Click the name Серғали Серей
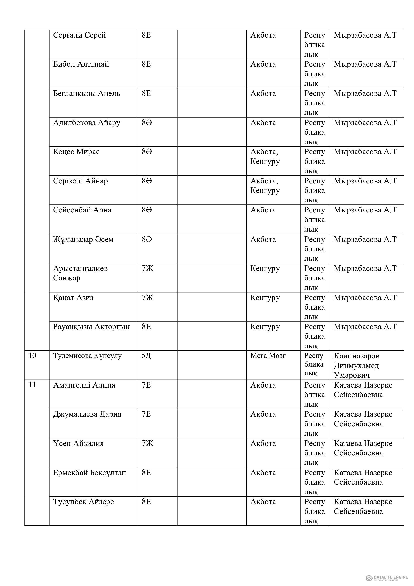[x=79, y=35]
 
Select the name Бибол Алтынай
[x=81, y=64]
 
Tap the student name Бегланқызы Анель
[x=86, y=93]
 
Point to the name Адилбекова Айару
[x=87, y=123]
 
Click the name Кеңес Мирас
[x=76, y=152]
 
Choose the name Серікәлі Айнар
[x=80, y=181]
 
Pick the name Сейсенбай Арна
[x=82, y=210]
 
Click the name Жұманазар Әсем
[x=83, y=240]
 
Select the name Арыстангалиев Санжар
[x=80, y=273]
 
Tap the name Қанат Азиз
[x=73, y=298]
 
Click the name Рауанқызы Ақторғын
[x=91, y=327]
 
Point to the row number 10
[x=32, y=355]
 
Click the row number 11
[x=32, y=384]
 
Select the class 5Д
[x=146, y=356]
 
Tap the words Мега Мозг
[x=268, y=355]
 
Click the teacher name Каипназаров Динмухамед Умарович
[x=356, y=365]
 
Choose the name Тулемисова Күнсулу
[x=87, y=356]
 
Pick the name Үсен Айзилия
[x=78, y=443]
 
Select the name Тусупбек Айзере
[x=83, y=502]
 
